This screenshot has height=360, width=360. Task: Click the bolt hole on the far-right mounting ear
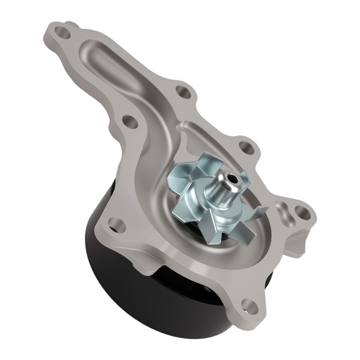300,211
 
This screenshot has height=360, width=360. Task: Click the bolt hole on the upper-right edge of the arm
182,92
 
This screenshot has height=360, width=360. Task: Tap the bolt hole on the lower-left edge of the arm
128,123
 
